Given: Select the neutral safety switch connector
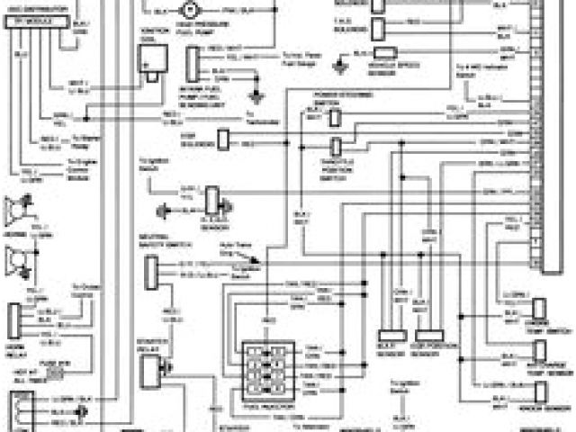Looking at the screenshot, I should pos(152,268).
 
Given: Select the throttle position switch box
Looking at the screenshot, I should pos(335,147).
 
